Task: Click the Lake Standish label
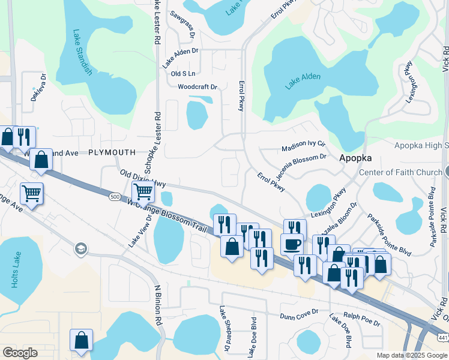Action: coord(82,52)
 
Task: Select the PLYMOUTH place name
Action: coord(112,153)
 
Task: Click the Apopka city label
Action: coord(355,158)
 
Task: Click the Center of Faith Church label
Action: coord(400,173)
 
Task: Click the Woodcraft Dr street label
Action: coord(197,87)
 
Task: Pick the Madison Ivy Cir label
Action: coord(303,146)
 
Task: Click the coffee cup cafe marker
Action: coord(292,245)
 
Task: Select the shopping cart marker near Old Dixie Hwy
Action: coord(143,192)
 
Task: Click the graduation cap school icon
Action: coord(80,249)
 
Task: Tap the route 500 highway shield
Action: coord(115,196)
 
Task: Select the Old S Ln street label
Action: coord(183,74)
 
